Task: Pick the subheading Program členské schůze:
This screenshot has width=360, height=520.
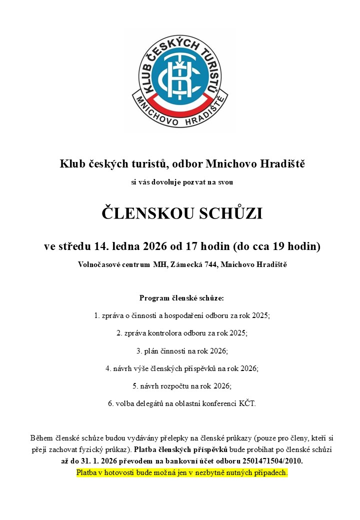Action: coord(182,298)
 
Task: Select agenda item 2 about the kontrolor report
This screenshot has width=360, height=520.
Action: coord(182,332)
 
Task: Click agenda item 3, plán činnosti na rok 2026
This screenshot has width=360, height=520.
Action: coord(182,351)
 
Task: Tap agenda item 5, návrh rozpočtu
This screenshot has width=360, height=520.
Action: coord(182,386)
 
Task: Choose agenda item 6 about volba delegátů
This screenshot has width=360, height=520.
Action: coord(182,403)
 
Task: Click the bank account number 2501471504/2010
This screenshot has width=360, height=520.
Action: coord(270,460)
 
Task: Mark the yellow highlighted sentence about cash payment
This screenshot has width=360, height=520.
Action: coord(182,472)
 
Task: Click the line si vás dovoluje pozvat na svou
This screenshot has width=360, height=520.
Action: coord(182,183)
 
